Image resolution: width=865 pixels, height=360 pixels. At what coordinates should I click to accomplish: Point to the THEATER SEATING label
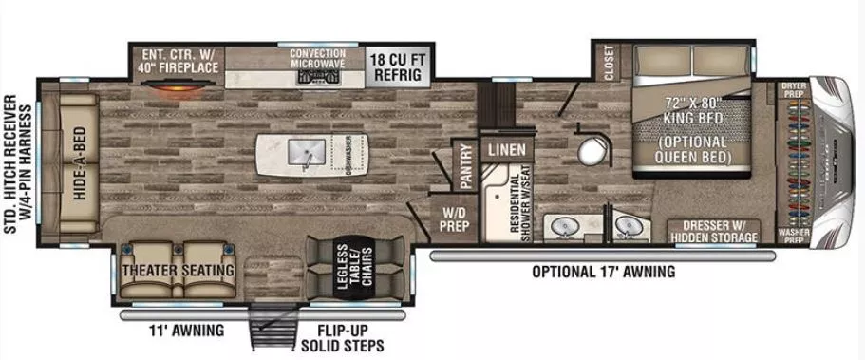179,271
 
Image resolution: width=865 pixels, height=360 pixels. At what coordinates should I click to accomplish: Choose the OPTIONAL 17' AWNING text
603,272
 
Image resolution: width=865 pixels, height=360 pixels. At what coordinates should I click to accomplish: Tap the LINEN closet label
506,150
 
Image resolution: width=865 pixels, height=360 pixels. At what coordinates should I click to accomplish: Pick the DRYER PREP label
793,89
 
